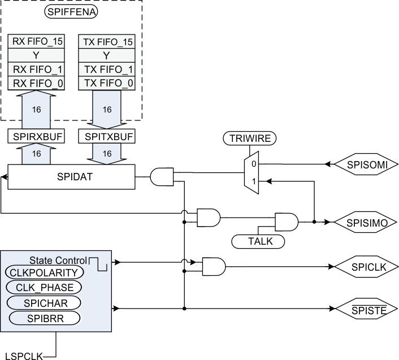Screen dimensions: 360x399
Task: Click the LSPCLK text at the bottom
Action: click(x=21, y=354)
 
